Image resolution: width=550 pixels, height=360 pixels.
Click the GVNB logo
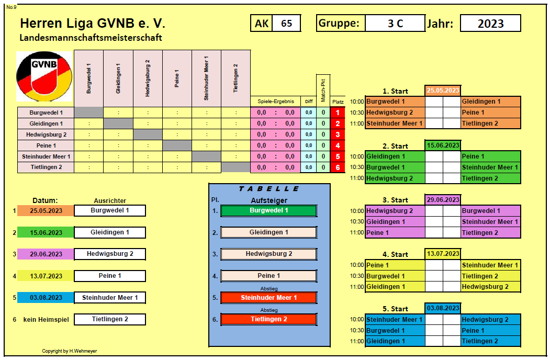tap(44, 76)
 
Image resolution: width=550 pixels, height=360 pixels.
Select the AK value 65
tap(287, 23)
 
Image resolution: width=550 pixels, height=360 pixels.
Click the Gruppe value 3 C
tap(395, 23)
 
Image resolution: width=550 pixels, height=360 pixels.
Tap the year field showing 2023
tap(490, 23)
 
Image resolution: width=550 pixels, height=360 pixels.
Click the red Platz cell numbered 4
tap(338, 145)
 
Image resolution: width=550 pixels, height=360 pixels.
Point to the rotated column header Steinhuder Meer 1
tap(206, 78)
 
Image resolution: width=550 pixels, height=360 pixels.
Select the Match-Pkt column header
tap(323, 90)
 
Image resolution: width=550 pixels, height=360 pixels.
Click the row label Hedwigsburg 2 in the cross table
tap(46, 134)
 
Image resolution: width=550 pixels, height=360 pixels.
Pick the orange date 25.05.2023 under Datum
tap(46, 210)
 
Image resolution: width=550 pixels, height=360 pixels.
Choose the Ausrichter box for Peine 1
tap(110, 276)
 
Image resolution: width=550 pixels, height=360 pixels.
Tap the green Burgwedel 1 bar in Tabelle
tap(268, 210)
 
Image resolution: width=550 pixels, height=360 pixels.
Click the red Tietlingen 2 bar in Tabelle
tap(268, 319)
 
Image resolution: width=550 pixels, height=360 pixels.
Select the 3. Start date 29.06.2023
tap(443, 200)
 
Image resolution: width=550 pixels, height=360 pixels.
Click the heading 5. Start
tap(395, 309)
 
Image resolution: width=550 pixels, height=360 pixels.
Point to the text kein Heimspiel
tap(46, 320)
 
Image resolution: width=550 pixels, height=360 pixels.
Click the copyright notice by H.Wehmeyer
tap(70, 351)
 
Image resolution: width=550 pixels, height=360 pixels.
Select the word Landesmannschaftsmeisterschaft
tap(91, 38)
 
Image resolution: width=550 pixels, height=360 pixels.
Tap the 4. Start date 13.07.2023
tap(443, 254)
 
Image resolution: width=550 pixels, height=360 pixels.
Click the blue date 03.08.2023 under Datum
tap(46, 298)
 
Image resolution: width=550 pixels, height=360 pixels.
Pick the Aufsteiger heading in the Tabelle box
tap(269, 200)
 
